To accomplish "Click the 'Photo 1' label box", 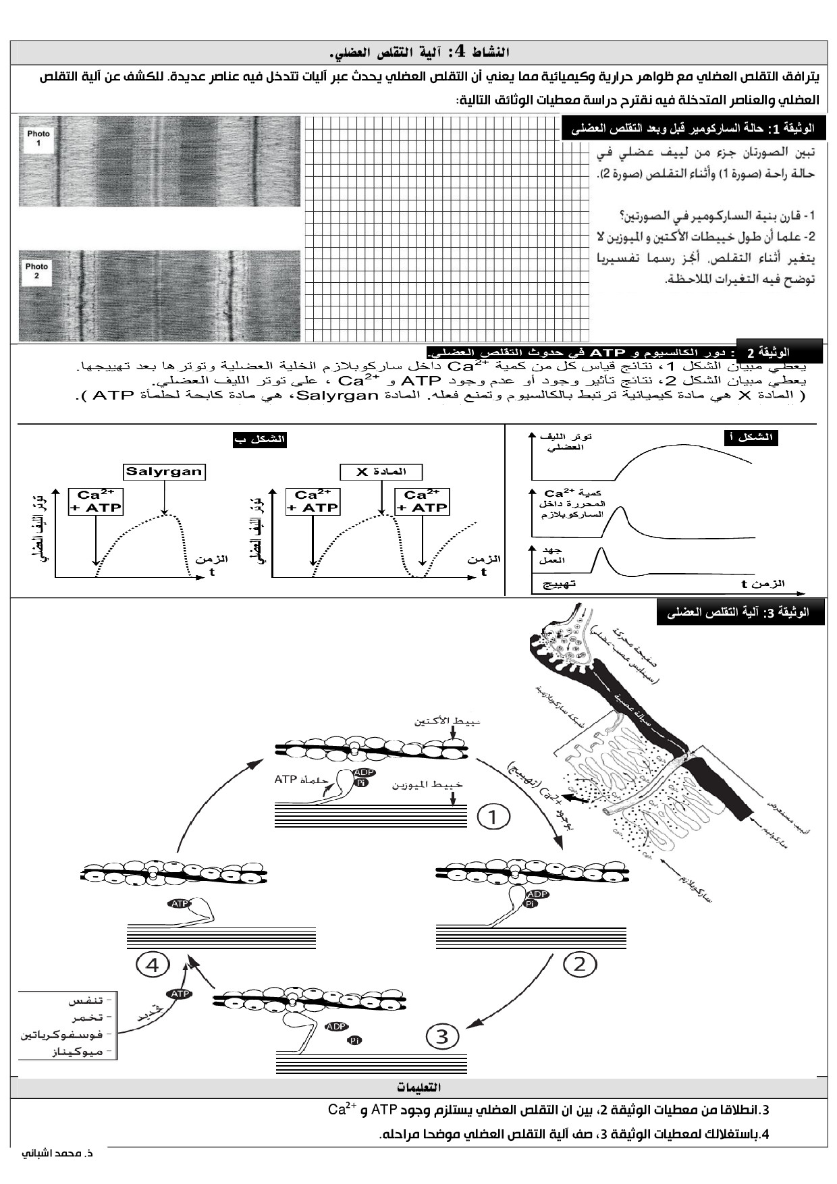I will coord(38,138).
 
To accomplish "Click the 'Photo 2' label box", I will coord(36,271).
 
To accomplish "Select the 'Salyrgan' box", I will coord(164,471).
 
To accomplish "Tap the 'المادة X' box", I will coord(381,471).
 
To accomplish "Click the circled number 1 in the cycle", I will coord(493,817).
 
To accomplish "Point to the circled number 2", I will coord(580,964).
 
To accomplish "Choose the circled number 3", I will coord(442,1035).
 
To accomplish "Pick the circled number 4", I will coord(153,965).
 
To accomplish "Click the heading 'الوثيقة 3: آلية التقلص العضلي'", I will coord(740,612).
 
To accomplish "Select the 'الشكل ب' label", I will coord(259,439).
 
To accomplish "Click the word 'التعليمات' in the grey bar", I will coord(418,1087).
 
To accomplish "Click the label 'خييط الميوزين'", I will coord(428,785).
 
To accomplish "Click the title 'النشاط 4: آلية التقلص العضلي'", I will coord(418,52).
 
